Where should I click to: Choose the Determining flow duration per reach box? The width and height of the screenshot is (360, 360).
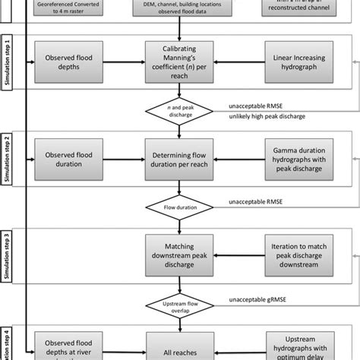[x=178, y=156]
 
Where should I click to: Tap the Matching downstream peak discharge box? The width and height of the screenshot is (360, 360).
[x=178, y=252]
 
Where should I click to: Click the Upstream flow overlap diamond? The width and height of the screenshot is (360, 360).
[x=178, y=303]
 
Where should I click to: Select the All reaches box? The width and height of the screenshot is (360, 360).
[x=178, y=346]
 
